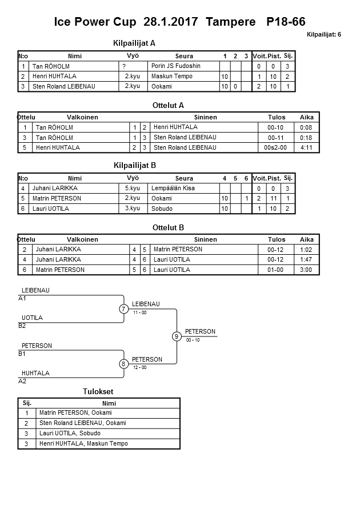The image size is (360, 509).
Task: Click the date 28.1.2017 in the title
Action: (x=172, y=22)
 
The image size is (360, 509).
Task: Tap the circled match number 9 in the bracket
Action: (x=177, y=336)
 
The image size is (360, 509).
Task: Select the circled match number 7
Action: (x=123, y=309)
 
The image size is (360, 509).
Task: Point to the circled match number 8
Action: (x=123, y=364)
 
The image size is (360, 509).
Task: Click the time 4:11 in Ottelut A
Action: (x=307, y=147)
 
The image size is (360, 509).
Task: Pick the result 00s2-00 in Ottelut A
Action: (x=277, y=147)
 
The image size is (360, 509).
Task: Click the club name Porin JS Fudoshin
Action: (x=176, y=66)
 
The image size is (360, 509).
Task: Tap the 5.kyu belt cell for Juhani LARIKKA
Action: (x=133, y=188)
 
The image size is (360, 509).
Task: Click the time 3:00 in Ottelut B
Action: (x=307, y=270)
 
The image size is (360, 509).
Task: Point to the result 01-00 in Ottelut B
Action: (x=276, y=270)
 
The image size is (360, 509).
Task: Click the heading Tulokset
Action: (x=98, y=392)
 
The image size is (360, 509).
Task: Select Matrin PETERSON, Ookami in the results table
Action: (x=75, y=413)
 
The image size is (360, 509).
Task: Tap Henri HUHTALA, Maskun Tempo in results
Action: (x=83, y=444)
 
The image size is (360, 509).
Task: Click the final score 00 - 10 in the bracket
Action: (x=193, y=340)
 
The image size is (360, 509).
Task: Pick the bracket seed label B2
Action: (x=22, y=326)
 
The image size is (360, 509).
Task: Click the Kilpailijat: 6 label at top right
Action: (x=324, y=34)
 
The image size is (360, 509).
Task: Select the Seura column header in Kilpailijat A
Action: (x=184, y=56)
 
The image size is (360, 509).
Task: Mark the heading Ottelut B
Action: (x=169, y=227)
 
